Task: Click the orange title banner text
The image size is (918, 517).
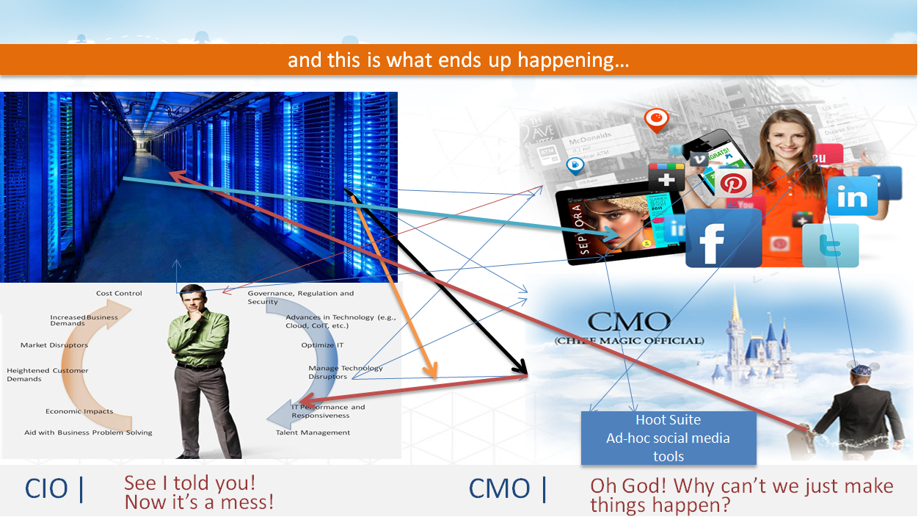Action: pos(458,59)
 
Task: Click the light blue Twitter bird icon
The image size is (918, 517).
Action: pos(831,246)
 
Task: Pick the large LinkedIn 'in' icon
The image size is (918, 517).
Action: pos(852,196)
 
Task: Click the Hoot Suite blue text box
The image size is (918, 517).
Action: pos(668,438)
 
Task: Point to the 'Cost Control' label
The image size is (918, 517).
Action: pos(119,294)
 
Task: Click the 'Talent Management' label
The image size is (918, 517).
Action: pos(313,433)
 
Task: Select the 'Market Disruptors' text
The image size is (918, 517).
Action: pos(54,345)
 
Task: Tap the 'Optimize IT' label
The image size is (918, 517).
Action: pos(322,345)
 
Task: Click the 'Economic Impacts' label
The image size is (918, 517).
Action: pos(79,411)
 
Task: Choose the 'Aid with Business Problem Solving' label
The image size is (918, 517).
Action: pos(88,433)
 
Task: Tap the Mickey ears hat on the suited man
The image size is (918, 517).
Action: pos(857,366)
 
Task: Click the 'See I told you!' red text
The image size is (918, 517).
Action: pos(189,483)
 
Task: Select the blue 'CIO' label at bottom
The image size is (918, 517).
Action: pos(47,489)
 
